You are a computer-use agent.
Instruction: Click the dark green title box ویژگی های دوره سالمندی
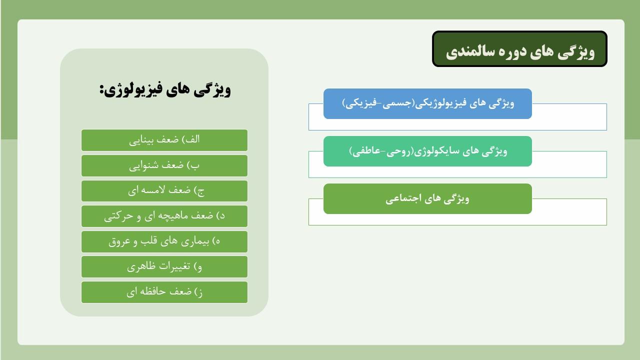(519, 49)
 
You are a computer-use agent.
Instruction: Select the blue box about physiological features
(427, 103)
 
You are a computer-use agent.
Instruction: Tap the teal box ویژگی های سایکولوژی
(427, 151)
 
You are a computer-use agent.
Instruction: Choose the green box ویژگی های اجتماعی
(427, 198)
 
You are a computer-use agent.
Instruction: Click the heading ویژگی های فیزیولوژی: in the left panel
(165, 89)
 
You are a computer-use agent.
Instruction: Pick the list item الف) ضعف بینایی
(164, 140)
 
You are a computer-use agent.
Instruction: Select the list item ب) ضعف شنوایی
(164, 165)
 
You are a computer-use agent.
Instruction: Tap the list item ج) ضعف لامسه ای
(164, 191)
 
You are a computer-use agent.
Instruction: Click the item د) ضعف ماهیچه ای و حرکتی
(164, 216)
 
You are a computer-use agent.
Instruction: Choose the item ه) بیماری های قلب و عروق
(164, 241)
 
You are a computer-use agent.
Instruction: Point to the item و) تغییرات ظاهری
(164, 267)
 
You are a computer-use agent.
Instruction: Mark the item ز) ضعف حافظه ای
(164, 292)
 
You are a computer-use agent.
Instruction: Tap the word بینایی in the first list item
(142, 140)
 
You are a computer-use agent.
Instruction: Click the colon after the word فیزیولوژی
(101, 90)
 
